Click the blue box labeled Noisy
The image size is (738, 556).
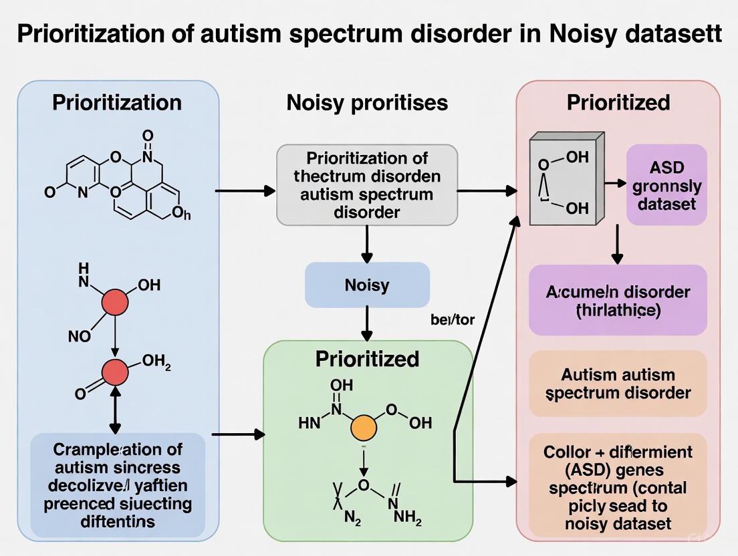367,285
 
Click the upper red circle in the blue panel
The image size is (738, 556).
114,303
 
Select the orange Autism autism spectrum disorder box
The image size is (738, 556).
618,384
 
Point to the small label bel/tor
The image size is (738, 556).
453,319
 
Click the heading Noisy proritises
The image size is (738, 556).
367,103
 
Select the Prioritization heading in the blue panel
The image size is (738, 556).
117,102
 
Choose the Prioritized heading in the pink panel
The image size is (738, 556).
618,102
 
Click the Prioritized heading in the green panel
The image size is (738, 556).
367,358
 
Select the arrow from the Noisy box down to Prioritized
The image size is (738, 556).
366,323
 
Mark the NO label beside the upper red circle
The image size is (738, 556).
80,336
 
